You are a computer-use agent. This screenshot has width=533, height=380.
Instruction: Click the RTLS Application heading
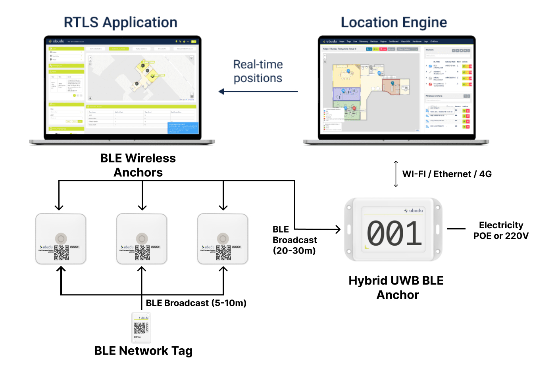pos(120,23)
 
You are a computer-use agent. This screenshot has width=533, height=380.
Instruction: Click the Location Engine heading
pos(394,23)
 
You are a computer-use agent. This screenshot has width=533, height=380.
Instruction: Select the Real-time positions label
pos(258,71)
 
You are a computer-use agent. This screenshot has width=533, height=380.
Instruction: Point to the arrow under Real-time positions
pos(258,92)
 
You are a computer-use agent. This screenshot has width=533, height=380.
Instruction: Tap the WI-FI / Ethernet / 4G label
pos(447,174)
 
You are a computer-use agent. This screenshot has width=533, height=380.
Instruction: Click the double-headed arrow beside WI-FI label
pos(396,174)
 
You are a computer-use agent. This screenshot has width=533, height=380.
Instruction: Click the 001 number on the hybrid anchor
pos(394,233)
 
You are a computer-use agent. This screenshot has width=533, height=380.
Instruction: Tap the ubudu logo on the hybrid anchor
pos(414,210)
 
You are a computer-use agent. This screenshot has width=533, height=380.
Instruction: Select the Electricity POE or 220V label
pos(501,230)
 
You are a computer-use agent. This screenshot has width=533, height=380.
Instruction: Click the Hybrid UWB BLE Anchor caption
pos(396,287)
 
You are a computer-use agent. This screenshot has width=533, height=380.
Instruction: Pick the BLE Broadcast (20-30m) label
pos(294,240)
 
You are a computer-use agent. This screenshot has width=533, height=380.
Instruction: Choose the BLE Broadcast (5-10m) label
pos(196,303)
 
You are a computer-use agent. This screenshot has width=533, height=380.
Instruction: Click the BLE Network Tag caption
pos(143,351)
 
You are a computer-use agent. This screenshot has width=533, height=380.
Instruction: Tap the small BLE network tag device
pos(141,328)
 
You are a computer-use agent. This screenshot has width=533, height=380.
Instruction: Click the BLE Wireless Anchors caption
pos(138,165)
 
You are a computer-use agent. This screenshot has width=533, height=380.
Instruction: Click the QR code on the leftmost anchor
pos(62,252)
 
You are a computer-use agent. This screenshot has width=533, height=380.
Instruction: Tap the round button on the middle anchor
pos(142,238)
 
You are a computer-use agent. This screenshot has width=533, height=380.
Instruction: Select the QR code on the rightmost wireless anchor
pos(223,252)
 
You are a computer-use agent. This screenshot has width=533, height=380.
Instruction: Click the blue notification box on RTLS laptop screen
pos(183,128)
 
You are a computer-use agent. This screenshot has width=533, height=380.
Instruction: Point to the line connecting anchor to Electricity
pos(456,229)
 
